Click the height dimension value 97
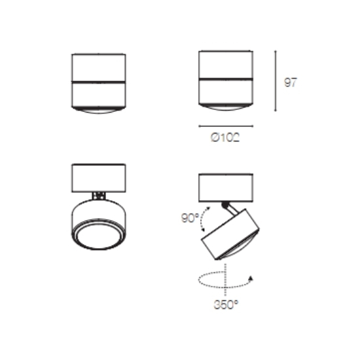point(291,82)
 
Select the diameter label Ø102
point(225,137)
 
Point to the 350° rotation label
point(226,304)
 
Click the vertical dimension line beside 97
point(276,81)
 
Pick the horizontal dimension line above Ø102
point(226,126)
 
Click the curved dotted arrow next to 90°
point(202,219)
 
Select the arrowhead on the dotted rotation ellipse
point(251,278)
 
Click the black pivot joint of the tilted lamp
point(225,204)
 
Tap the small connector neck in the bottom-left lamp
point(99,196)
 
